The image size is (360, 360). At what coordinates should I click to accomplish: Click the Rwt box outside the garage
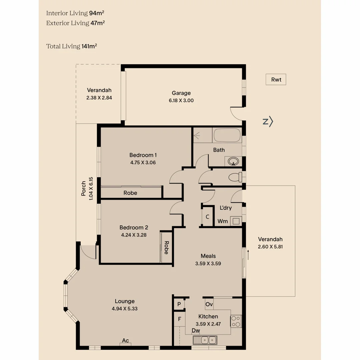click(x=276, y=80)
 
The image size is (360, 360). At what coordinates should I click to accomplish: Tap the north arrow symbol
click(x=268, y=122)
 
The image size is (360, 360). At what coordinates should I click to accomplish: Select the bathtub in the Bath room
click(x=227, y=136)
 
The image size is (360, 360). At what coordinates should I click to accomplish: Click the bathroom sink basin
click(x=233, y=162)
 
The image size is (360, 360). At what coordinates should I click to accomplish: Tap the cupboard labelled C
click(x=207, y=217)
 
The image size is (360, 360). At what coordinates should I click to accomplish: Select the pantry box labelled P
click(x=179, y=304)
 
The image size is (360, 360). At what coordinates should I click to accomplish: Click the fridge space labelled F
click(x=179, y=319)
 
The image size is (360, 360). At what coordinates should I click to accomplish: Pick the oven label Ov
click(x=209, y=304)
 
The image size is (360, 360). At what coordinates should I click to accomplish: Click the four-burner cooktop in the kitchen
click(x=236, y=321)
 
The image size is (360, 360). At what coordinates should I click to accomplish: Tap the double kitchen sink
click(x=205, y=340)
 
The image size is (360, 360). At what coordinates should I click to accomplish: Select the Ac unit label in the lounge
click(x=125, y=341)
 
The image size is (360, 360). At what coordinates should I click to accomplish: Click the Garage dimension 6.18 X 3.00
click(x=181, y=100)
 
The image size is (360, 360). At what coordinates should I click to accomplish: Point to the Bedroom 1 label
click(x=143, y=155)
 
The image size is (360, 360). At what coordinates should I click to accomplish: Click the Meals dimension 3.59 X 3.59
click(x=208, y=263)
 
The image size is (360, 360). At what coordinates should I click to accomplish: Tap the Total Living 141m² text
click(x=72, y=46)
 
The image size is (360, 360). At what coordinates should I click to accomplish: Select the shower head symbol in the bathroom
click(x=197, y=136)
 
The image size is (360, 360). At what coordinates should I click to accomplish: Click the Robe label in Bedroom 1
click(x=130, y=193)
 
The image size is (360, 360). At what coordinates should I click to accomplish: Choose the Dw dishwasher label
click(x=196, y=331)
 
